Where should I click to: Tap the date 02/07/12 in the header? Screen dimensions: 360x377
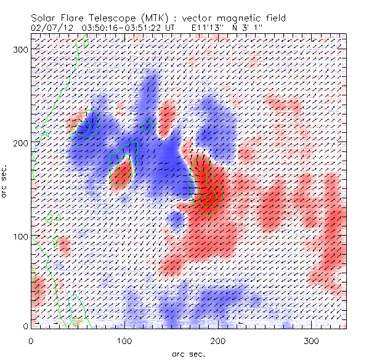click(x=51, y=28)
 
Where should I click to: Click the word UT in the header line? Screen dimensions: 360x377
click(x=177, y=28)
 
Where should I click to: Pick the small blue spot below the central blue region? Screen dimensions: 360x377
click(x=177, y=219)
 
